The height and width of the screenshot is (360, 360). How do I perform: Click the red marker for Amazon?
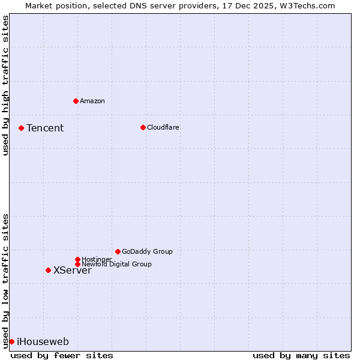76,101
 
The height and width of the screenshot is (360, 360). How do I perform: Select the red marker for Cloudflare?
143,127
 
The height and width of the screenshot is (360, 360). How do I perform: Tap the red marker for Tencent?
21,128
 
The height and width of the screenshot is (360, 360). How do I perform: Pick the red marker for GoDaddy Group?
118,251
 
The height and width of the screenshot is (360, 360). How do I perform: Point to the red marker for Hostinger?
77,259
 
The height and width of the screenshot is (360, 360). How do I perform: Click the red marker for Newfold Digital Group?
77,264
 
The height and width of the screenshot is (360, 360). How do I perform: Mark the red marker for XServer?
48,270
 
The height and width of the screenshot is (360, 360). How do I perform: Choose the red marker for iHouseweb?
11,341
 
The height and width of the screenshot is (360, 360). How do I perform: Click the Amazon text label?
92,101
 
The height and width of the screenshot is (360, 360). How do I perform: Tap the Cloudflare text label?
163,127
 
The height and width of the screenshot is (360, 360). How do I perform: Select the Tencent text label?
45,128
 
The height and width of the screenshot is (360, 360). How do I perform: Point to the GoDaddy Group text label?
147,251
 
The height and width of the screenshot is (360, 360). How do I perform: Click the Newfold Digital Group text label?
117,264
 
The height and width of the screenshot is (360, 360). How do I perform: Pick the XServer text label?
73,270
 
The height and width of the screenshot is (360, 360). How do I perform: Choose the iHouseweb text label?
43,342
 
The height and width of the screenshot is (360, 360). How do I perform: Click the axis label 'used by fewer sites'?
62,355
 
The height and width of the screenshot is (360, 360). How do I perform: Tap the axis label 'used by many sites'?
301,355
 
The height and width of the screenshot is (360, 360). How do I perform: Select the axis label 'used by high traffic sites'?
5,85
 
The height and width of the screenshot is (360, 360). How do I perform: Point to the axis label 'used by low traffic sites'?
5,281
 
